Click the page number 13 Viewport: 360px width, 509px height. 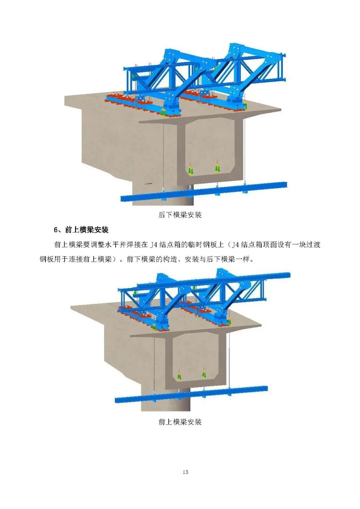click(185, 472)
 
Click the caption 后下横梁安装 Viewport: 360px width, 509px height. click(180, 215)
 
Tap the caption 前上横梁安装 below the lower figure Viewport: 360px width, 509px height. click(180, 422)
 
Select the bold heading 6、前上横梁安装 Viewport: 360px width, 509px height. click(81, 230)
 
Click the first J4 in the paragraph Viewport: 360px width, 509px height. click(153, 245)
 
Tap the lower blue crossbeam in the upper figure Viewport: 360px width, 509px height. click(203, 192)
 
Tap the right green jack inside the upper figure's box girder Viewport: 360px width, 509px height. click(217, 168)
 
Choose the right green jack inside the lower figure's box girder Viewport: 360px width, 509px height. click(204, 374)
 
